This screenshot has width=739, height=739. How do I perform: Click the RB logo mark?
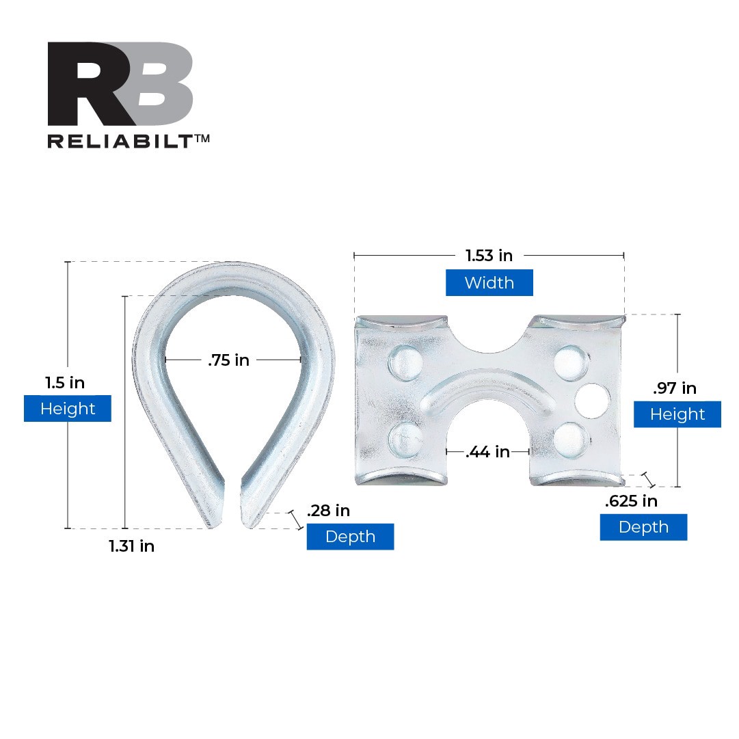click(120, 83)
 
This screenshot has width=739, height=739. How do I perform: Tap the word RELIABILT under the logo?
click(120, 142)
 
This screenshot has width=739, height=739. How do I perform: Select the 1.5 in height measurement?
click(65, 383)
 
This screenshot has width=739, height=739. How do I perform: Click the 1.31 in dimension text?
click(131, 546)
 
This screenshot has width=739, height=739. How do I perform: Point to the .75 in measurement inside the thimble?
click(228, 360)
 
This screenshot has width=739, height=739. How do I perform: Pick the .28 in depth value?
click(329, 511)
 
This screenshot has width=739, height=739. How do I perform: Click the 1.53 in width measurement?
click(489, 256)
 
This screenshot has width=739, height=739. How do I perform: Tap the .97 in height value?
click(675, 388)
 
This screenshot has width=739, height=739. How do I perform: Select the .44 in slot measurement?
click(488, 452)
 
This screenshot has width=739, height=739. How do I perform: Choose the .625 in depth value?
click(631, 500)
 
